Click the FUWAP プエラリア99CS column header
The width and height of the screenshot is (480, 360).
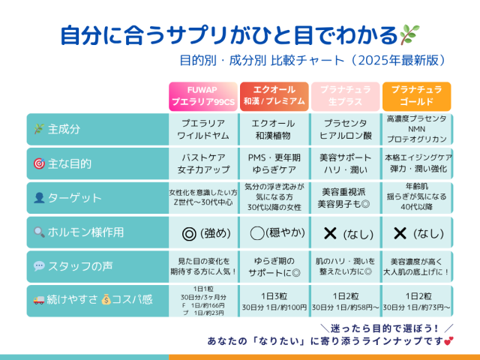202,96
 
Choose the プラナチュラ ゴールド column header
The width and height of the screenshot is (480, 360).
416,96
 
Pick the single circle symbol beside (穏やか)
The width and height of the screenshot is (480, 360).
257,233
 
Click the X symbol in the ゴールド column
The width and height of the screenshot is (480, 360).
400,233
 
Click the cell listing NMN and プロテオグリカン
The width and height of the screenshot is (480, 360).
416,129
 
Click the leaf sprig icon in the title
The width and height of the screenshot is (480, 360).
410,34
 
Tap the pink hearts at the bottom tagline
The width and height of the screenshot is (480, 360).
448,342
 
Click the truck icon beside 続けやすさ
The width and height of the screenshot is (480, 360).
40,301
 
